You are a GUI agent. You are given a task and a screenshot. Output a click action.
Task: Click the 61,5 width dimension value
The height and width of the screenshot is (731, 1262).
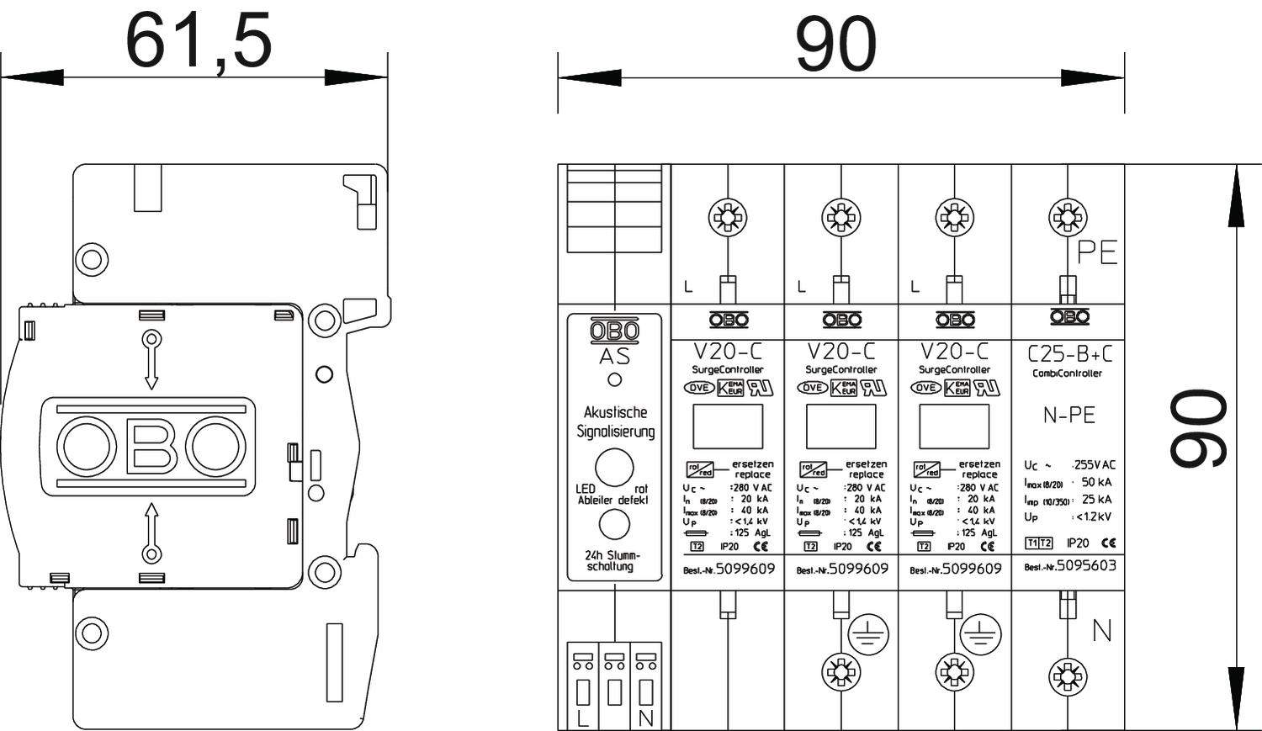(x=199, y=40)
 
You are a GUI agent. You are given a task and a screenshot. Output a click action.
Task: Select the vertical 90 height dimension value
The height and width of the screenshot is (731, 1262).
(x=1199, y=427)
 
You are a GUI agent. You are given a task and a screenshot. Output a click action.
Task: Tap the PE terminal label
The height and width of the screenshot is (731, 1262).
(x=1097, y=252)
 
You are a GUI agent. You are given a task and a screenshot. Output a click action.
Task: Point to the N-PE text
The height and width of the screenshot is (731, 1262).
(x=1068, y=415)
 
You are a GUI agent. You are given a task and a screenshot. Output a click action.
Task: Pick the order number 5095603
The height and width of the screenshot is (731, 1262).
(x=1086, y=566)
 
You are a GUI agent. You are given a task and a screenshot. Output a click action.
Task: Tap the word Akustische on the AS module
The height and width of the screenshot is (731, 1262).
(x=615, y=412)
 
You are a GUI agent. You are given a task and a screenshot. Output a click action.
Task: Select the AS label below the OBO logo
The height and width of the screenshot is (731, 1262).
(x=614, y=357)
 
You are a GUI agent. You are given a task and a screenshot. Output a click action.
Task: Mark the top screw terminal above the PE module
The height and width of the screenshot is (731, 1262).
(x=1068, y=218)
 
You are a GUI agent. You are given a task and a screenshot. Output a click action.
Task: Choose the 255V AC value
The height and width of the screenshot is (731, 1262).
(x=1094, y=465)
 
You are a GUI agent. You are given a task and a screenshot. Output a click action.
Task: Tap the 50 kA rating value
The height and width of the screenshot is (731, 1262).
(x=1096, y=482)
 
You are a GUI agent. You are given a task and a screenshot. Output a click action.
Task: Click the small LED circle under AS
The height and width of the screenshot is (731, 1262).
(x=614, y=379)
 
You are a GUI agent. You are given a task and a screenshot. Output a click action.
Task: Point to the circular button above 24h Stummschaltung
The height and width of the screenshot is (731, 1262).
(x=614, y=524)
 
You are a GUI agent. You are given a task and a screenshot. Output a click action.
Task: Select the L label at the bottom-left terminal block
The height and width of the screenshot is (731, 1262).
(x=583, y=719)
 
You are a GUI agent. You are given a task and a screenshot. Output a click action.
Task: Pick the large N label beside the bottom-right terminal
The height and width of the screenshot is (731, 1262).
(x=1101, y=631)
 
